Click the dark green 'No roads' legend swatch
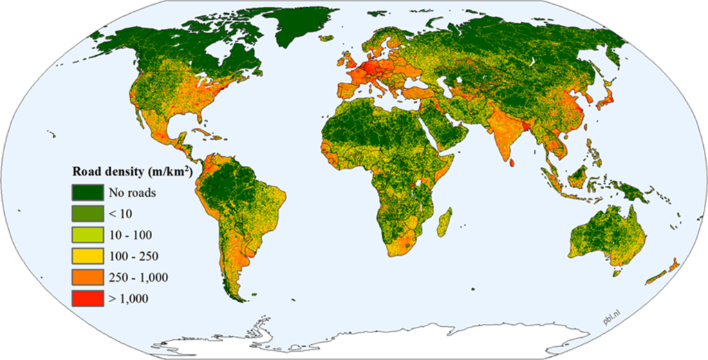[x=86, y=193]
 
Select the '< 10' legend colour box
[x=86, y=214]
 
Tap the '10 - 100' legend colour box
[x=86, y=235]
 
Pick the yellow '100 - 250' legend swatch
[x=86, y=256]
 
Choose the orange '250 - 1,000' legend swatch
[x=86, y=277]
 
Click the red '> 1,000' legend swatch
[x=86, y=299]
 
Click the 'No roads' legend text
[x=131, y=193]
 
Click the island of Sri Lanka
[x=515, y=161]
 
